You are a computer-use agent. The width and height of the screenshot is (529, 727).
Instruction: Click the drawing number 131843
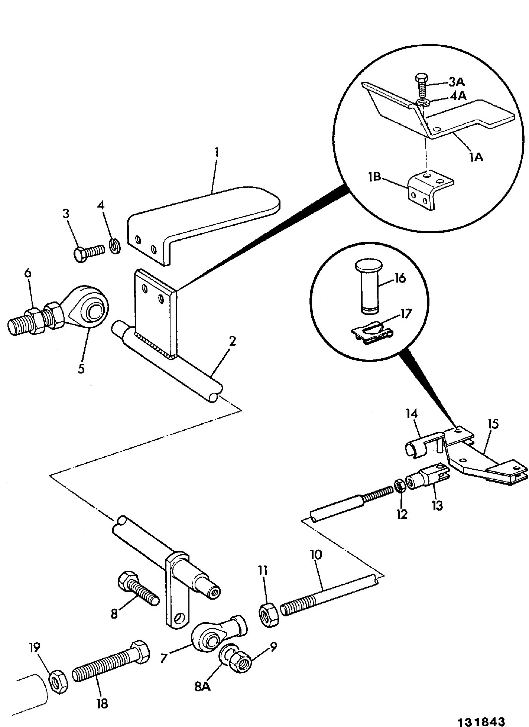click(x=482, y=721)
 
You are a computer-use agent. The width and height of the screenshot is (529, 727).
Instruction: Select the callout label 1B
click(x=375, y=177)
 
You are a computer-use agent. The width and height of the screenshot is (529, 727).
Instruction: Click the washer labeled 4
click(x=115, y=247)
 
